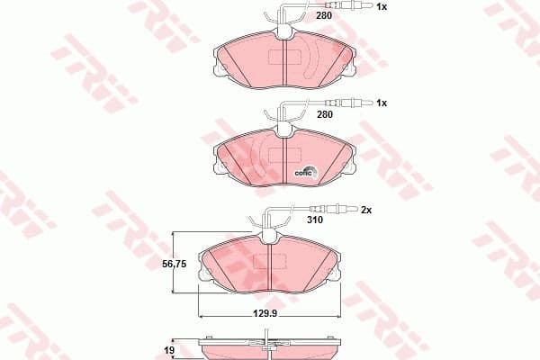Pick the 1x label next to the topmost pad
[x=381, y=7]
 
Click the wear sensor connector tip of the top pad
[x=354, y=7]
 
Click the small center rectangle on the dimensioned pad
[x=267, y=261]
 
